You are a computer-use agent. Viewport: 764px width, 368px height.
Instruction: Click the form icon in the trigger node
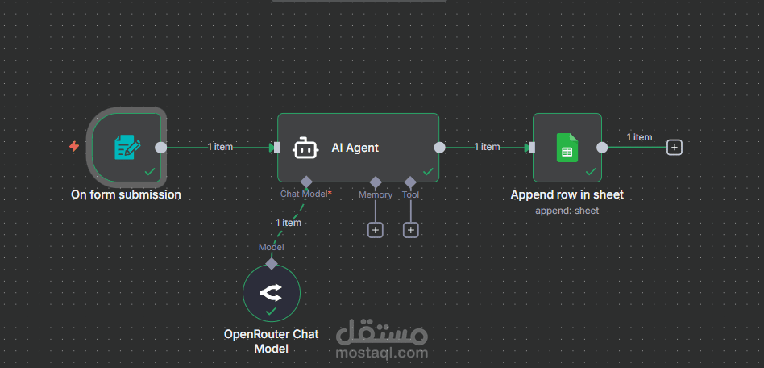click(x=127, y=148)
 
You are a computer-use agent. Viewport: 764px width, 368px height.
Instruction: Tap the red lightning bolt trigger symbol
click(x=74, y=146)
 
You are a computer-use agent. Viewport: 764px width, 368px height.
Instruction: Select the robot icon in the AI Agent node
click(x=305, y=148)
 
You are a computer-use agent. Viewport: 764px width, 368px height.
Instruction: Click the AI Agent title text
click(x=355, y=148)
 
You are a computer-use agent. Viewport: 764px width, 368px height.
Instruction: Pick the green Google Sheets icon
click(x=567, y=148)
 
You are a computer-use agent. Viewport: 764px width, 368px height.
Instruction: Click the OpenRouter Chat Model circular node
click(x=272, y=293)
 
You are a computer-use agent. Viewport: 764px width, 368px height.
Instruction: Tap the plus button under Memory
click(x=376, y=230)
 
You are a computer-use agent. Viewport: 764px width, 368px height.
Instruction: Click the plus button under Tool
click(x=411, y=230)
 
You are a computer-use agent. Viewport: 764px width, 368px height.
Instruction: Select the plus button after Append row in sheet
click(x=675, y=147)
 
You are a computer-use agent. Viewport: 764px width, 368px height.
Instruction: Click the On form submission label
click(x=126, y=194)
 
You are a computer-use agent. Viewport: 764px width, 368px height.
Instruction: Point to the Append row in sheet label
click(x=567, y=194)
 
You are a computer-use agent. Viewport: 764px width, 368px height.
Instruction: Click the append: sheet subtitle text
click(x=567, y=211)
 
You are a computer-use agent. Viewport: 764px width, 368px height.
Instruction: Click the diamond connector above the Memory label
click(x=376, y=182)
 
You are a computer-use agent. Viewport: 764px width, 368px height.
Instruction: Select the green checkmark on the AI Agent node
click(x=428, y=171)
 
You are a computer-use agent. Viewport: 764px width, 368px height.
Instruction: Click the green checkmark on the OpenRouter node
click(x=271, y=311)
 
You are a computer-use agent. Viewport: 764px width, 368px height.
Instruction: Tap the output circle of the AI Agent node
click(x=439, y=148)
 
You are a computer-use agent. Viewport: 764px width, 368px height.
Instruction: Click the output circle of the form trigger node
click(x=161, y=148)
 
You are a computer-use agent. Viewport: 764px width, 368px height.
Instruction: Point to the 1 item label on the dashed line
click(x=289, y=223)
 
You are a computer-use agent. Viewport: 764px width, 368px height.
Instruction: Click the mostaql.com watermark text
click(x=382, y=353)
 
